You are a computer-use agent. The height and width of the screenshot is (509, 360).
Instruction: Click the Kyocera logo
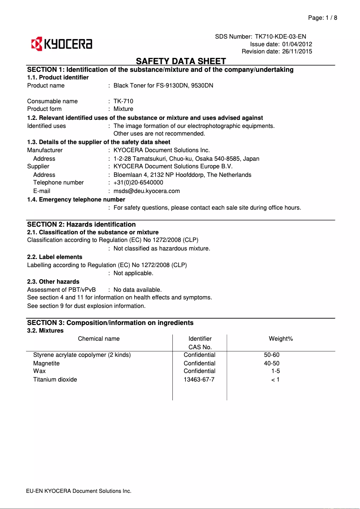(61, 44)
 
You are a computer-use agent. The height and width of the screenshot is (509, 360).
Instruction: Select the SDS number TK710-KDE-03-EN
(281, 36)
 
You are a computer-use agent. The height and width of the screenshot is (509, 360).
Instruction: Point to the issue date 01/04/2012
(297, 44)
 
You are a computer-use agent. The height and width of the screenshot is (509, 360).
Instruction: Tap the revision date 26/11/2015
(297, 52)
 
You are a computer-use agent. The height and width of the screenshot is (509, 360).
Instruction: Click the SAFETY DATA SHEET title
(181, 61)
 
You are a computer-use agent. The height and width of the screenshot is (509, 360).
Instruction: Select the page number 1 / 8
(329, 18)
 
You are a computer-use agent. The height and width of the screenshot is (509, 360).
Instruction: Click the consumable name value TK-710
(123, 101)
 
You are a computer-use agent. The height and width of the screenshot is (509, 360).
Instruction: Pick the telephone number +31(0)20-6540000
(138, 183)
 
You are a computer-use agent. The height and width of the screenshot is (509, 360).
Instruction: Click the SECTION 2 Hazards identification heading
(81, 224)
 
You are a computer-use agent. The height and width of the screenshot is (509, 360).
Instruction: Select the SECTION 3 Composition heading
(110, 323)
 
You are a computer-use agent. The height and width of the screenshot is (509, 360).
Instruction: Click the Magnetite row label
(46, 364)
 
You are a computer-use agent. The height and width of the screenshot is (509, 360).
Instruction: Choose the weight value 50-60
(272, 355)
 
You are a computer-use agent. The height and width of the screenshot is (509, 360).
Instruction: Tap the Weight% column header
(281, 338)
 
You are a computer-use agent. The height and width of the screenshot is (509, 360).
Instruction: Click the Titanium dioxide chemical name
(55, 380)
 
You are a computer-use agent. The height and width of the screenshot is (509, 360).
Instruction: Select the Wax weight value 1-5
(276, 371)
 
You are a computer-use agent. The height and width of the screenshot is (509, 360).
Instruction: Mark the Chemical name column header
(99, 338)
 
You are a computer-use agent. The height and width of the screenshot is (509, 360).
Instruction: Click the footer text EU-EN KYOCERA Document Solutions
(79, 491)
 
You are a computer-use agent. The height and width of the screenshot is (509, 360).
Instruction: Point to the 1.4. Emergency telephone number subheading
(76, 199)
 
